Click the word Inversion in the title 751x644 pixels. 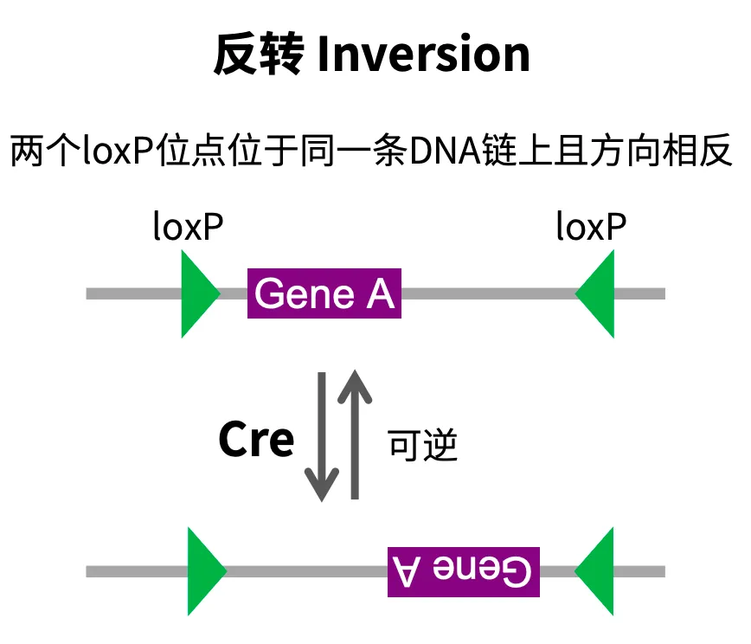pos(423,55)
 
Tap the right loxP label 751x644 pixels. pos(591,227)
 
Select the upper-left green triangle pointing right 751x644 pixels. pos(196,293)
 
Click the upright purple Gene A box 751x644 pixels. pos(324,293)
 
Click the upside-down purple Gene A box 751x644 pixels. pos(463,571)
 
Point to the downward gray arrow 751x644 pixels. pos(322,437)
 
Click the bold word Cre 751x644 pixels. pos(256,440)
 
